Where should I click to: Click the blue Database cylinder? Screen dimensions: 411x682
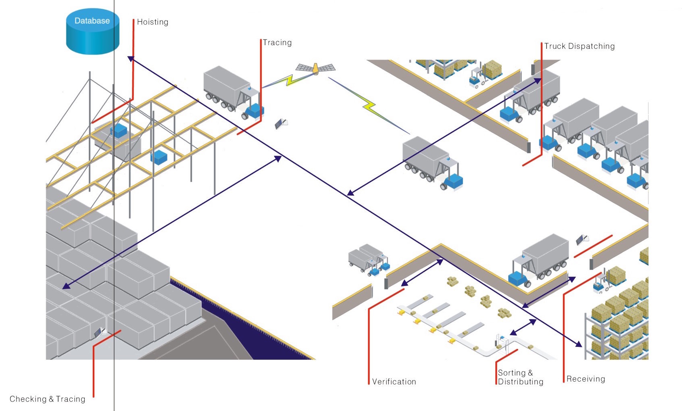click(92, 31)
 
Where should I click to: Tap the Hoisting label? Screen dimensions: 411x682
click(152, 22)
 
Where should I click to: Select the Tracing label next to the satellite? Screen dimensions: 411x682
click(277, 43)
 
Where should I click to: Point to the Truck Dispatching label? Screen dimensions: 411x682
click(579, 46)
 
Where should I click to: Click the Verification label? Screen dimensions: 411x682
click(394, 382)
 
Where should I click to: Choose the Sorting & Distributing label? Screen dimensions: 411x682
click(520, 377)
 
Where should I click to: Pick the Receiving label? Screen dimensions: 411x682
click(586, 379)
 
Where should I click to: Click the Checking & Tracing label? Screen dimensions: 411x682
click(48, 399)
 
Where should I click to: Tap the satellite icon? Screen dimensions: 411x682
click(315, 69)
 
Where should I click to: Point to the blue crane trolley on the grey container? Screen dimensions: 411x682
click(119, 131)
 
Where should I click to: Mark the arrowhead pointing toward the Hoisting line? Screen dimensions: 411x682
click(131, 59)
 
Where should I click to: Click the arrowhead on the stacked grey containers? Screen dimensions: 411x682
click(66, 286)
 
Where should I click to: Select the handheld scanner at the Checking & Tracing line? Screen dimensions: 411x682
click(98, 332)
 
